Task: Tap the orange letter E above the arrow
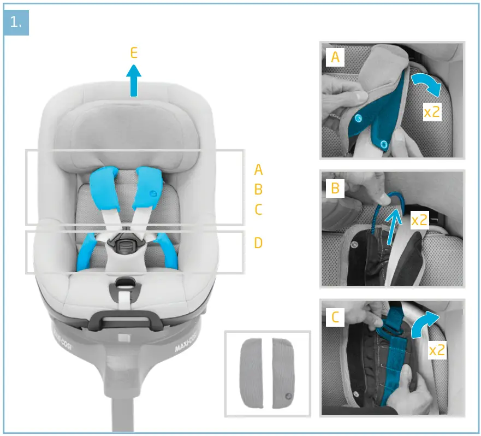tap(134, 53)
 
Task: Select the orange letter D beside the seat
tap(258, 243)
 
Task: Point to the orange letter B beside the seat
tap(258, 190)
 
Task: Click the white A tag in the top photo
tap(335, 56)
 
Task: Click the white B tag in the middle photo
tap(335, 188)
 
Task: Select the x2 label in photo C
tap(437, 350)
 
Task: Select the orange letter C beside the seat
tap(258, 209)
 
